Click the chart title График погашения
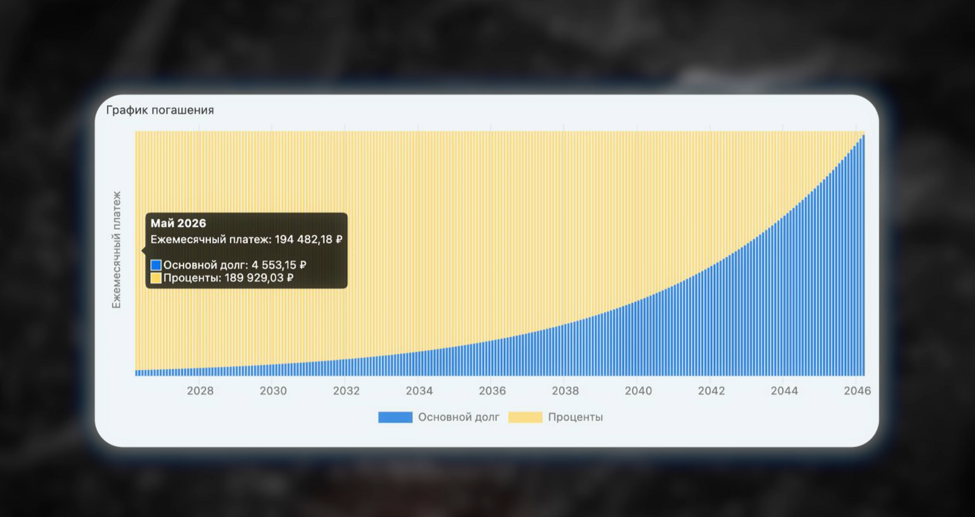(x=160, y=110)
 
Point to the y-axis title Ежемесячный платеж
(x=116, y=250)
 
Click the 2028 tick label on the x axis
(x=200, y=391)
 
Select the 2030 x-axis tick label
(x=273, y=391)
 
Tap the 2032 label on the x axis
(x=346, y=391)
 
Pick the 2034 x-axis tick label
(x=419, y=391)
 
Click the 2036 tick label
(x=492, y=391)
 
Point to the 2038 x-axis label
(x=565, y=391)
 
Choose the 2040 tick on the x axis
(x=638, y=391)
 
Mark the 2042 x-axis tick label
(x=712, y=391)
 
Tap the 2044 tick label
(x=785, y=391)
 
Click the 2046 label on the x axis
(x=858, y=391)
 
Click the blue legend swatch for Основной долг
(x=395, y=417)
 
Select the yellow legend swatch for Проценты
(x=525, y=417)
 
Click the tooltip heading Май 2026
(x=178, y=223)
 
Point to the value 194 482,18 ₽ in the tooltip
(x=309, y=239)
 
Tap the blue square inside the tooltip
(x=156, y=265)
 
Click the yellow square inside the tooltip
(x=156, y=278)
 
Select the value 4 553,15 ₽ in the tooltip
(x=279, y=265)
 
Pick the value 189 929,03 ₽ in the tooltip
(x=259, y=278)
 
